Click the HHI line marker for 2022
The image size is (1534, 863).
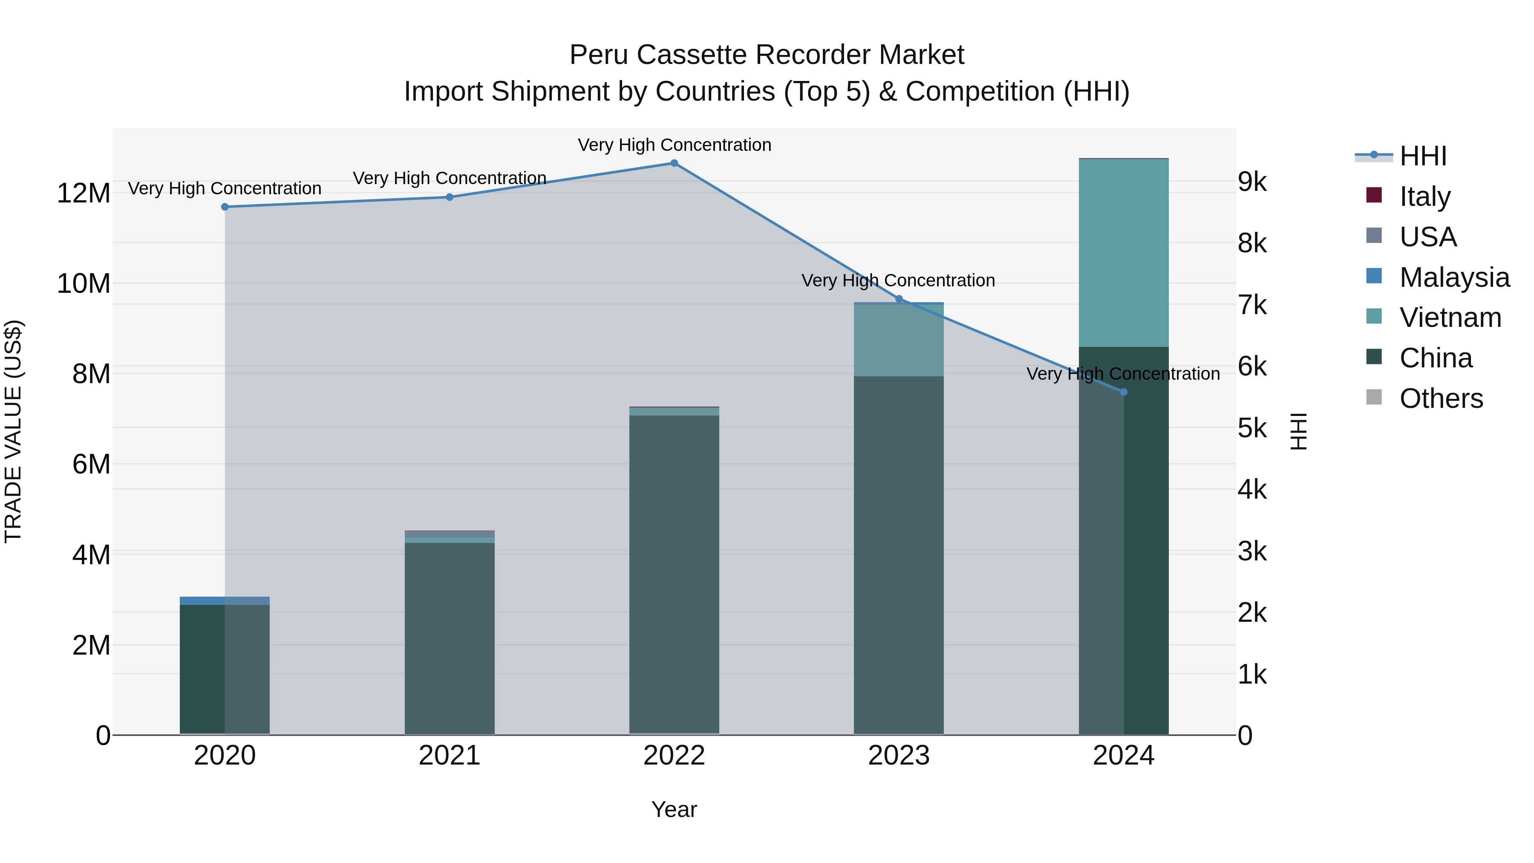pyautogui.click(x=674, y=163)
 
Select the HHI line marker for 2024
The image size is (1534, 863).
pyautogui.click(x=1124, y=392)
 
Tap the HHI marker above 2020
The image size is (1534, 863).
pyautogui.click(x=225, y=207)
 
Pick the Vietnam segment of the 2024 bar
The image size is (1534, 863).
pyautogui.click(x=1124, y=253)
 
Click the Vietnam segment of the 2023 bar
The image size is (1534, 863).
pyautogui.click(x=899, y=340)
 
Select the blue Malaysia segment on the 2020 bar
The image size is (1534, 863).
pyautogui.click(x=225, y=600)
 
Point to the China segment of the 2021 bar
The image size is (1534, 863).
pyautogui.click(x=450, y=637)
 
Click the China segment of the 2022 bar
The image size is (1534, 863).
pyautogui.click(x=674, y=572)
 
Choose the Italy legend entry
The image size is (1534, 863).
pyautogui.click(x=1424, y=196)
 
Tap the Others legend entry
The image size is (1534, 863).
pyautogui.click(x=1441, y=398)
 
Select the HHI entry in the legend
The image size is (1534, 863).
pyautogui.click(x=1423, y=156)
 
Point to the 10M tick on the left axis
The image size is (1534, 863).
pyautogui.click(x=84, y=283)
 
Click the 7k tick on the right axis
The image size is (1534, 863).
pyautogui.click(x=1252, y=305)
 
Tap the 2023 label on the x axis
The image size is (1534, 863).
pyautogui.click(x=899, y=756)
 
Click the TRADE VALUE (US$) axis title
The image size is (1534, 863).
pyautogui.click(x=13, y=431)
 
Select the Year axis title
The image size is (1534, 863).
pyautogui.click(x=674, y=809)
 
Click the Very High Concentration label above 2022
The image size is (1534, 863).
pyautogui.click(x=674, y=145)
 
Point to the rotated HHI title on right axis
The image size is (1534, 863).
pyautogui.click(x=1299, y=431)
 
